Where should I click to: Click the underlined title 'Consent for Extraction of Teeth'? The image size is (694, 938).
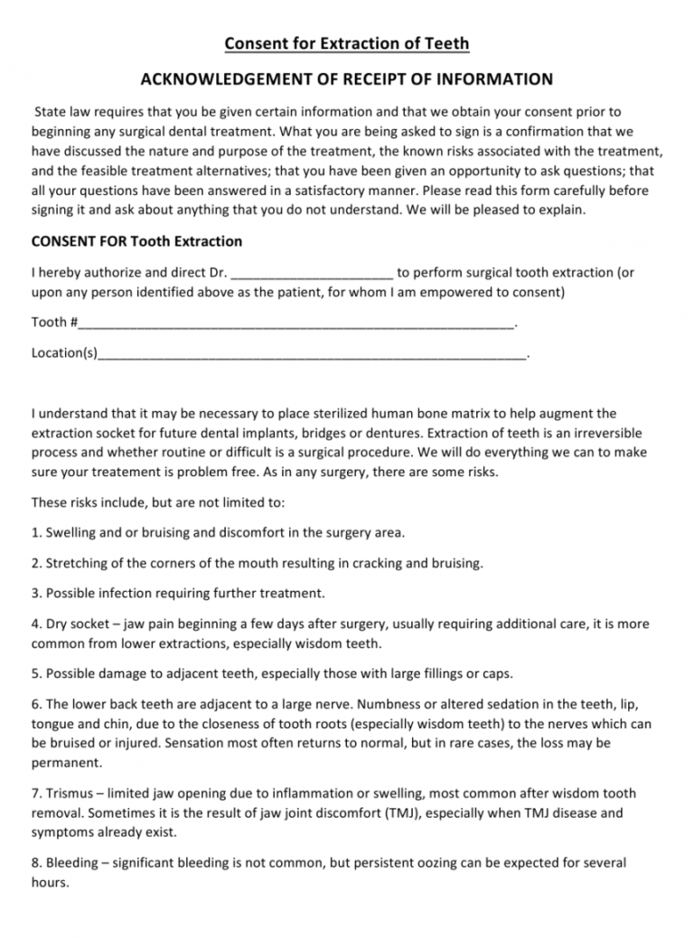click(x=347, y=43)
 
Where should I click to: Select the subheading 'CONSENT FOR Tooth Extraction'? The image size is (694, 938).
click(x=136, y=241)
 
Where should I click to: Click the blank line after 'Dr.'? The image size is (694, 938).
click(x=312, y=272)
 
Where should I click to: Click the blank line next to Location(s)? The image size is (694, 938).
click(x=312, y=353)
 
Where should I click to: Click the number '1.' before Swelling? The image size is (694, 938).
click(x=36, y=533)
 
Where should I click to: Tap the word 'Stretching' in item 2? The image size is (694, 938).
click(x=77, y=563)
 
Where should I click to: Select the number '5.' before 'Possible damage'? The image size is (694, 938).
click(x=36, y=673)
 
